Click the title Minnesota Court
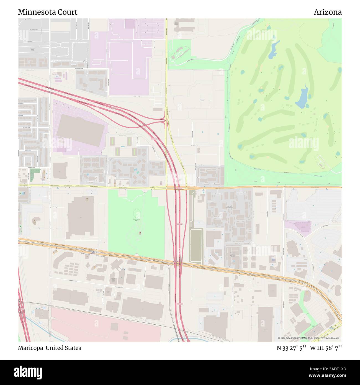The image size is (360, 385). tap(48, 12)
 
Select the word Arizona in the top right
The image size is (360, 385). tap(328, 12)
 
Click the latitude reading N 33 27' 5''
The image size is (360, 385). tap(291, 348)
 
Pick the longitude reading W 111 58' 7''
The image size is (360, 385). tap(326, 348)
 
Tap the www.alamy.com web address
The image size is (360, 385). tap(322, 376)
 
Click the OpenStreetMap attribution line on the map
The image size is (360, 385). tap(310, 338)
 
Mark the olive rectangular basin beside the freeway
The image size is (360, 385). tap(196, 247)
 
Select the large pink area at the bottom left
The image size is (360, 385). tap(105, 325)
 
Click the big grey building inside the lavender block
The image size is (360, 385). tap(80, 130)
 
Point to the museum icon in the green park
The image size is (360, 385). tap(140, 233)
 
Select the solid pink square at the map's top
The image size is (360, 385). tap(129, 24)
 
